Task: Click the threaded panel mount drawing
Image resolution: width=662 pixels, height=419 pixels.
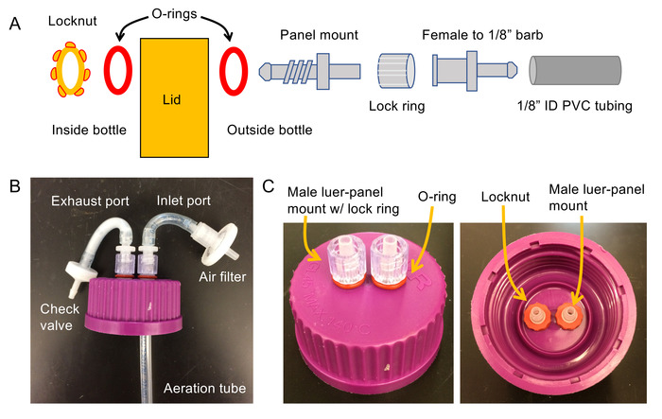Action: (309, 71)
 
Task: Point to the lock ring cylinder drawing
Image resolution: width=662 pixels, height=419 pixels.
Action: (396, 71)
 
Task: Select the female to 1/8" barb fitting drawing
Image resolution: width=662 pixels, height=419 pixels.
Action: (475, 71)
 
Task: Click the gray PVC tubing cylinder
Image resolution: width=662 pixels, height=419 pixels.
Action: (575, 70)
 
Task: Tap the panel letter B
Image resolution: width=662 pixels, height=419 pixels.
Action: (15, 185)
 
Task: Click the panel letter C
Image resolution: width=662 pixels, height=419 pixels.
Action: (268, 185)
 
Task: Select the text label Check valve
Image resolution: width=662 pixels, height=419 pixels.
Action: (60, 317)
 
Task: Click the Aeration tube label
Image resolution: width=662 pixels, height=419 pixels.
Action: (205, 388)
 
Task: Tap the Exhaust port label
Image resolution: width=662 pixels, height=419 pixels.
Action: (90, 201)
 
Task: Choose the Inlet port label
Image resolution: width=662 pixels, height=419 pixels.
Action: (183, 201)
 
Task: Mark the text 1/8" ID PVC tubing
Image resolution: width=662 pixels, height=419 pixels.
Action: (575, 106)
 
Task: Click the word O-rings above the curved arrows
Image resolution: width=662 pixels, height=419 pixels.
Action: (174, 14)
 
